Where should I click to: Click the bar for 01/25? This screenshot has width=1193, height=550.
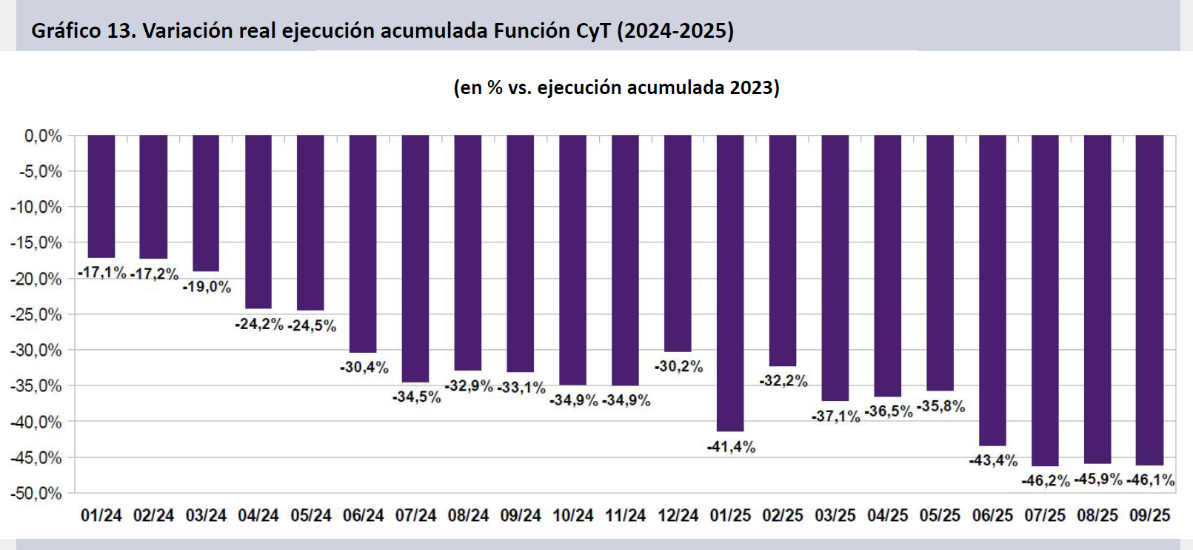coord(730,282)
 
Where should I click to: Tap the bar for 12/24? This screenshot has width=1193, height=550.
coord(678,242)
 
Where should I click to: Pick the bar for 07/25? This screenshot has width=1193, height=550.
coord(1045,299)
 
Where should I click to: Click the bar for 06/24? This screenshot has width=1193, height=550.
coord(363,243)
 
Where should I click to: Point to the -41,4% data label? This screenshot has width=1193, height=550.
coord(731,446)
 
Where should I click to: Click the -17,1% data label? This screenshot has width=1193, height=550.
coord(102,272)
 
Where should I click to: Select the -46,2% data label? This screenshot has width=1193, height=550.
coord(1045,480)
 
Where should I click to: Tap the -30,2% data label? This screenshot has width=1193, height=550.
coord(678,366)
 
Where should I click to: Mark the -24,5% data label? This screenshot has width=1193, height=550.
coord(312,325)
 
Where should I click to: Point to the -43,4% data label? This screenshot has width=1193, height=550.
coord(993,460)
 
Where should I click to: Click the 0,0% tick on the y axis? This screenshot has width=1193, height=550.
coord(43,136)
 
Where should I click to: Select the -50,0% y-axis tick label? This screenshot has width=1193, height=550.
coord(36,494)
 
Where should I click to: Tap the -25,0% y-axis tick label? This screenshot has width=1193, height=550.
coord(36,314)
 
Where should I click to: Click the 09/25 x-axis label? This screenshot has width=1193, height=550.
coord(1149,515)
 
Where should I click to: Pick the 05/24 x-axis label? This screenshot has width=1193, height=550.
coord(311,515)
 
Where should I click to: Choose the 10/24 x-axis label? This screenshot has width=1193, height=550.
coord(573,515)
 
